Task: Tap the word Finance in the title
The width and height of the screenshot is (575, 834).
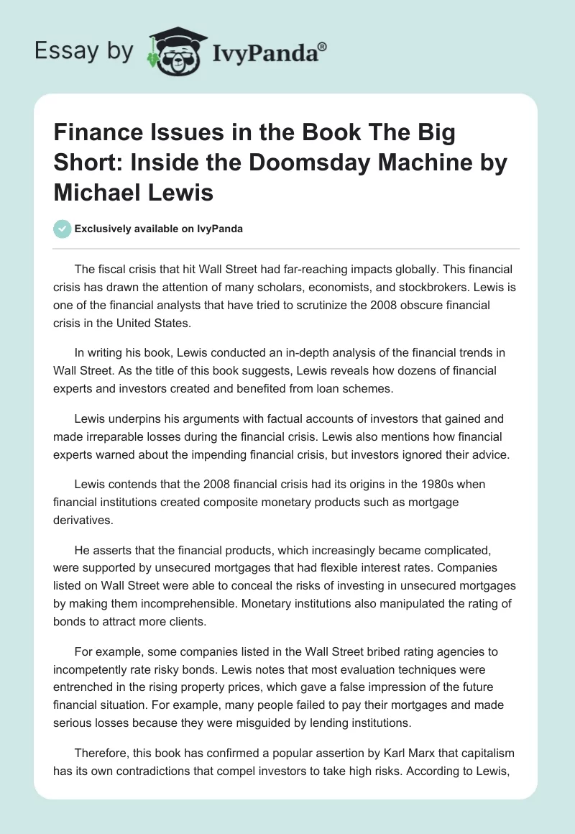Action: coord(92,134)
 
